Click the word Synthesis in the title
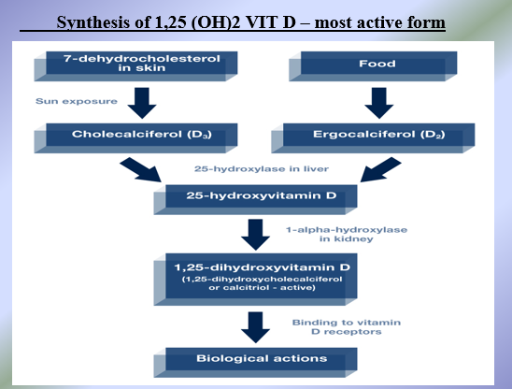click(x=92, y=19)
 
